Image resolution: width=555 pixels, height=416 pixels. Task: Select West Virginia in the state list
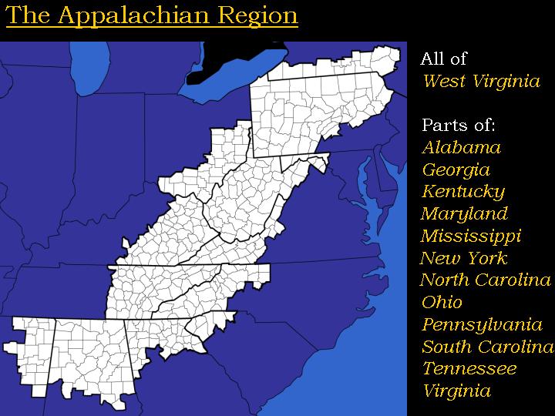(481, 81)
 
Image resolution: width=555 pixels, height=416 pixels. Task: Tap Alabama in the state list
(461, 147)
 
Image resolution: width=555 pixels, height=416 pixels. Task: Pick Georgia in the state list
(456, 169)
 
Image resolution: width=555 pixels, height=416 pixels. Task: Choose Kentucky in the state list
(462, 191)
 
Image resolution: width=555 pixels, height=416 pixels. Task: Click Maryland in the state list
(464, 213)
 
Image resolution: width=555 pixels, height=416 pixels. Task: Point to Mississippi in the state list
(470, 236)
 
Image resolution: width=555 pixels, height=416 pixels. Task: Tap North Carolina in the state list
(486, 280)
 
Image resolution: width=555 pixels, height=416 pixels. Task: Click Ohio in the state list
(442, 302)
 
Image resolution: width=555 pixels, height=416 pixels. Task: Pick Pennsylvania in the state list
(482, 324)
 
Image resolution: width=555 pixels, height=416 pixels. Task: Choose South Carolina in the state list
(487, 346)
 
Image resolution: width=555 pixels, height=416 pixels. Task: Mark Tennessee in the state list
(469, 368)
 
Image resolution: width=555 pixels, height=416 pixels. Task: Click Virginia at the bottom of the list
(456, 391)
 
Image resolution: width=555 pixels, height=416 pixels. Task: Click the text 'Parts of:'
(458, 126)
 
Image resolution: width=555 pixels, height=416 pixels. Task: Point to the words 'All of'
(443, 59)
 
